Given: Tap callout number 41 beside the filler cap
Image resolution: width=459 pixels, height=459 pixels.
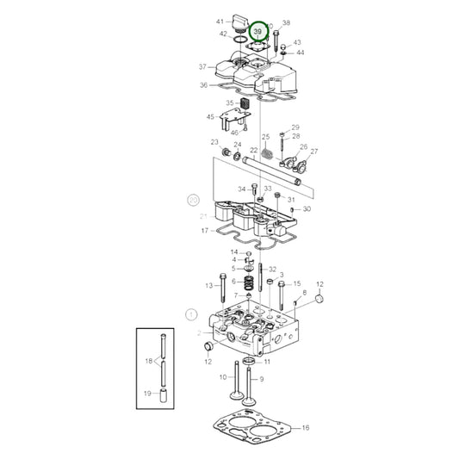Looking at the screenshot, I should (x=220, y=21).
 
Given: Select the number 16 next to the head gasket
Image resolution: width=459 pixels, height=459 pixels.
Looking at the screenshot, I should (x=305, y=427).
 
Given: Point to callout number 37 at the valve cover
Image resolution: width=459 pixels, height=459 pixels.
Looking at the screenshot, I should (x=202, y=66).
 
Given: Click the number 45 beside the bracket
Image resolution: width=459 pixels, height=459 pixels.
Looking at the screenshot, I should (x=211, y=116).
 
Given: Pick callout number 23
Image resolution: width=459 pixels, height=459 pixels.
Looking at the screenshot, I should (x=214, y=142).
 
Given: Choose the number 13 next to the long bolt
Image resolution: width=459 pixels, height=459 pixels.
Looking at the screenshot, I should (x=208, y=285).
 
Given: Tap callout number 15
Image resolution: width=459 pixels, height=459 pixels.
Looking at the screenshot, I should (x=297, y=283).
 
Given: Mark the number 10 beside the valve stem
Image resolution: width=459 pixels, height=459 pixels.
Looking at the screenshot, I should (x=222, y=376).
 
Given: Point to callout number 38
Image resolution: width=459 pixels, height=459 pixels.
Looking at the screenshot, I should (x=286, y=23).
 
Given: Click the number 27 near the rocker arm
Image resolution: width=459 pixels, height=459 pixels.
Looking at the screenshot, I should (x=313, y=152).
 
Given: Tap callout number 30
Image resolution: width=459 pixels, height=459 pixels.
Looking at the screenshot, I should (x=307, y=209).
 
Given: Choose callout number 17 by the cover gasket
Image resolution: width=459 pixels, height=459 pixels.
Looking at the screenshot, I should (x=205, y=231).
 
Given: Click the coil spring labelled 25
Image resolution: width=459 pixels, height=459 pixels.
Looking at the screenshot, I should (x=267, y=155).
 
